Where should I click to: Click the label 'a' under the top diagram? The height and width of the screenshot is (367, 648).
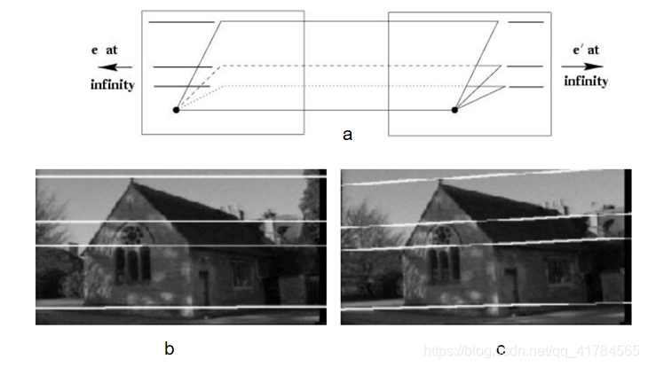347,135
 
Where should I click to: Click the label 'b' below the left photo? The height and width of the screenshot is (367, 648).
169,348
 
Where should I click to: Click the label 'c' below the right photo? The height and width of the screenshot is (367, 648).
500,348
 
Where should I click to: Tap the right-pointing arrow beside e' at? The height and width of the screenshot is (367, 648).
582,66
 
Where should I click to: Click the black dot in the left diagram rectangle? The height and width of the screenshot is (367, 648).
176,110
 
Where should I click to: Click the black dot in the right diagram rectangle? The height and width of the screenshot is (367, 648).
454,110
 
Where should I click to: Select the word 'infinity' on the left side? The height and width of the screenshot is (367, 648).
113,85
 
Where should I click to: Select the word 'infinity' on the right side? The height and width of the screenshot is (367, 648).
585,81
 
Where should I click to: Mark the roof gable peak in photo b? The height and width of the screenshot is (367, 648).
131,181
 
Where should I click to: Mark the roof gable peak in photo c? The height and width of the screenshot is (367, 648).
438,181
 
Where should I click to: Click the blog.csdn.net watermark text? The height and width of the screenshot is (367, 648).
533,351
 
